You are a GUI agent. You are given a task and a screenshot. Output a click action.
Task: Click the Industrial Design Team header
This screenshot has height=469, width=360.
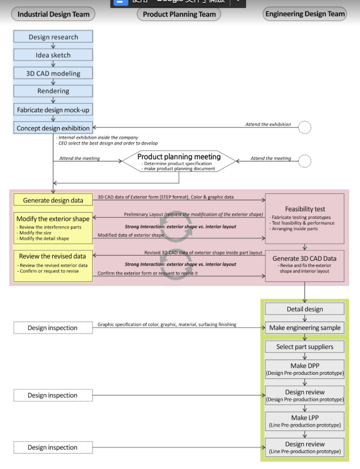[x=53, y=14]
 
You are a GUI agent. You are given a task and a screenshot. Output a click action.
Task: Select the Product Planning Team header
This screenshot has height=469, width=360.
[x=179, y=14]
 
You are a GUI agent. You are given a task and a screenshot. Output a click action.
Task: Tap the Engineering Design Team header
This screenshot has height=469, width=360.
[x=304, y=14]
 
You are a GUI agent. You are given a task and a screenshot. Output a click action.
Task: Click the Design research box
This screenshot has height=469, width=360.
[x=53, y=37]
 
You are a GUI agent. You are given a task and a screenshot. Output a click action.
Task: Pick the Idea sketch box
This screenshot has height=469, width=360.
[x=53, y=55]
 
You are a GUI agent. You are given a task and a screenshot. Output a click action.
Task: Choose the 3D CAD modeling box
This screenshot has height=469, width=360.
[x=53, y=73]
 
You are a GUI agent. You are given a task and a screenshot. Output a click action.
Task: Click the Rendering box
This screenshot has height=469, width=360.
[x=53, y=91]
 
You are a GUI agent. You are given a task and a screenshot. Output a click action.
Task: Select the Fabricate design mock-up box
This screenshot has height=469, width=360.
[x=53, y=109]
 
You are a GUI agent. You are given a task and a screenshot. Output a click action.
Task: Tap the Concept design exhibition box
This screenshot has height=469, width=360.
[x=53, y=128]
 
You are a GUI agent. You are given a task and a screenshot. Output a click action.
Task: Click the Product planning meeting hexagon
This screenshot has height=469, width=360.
[x=179, y=161]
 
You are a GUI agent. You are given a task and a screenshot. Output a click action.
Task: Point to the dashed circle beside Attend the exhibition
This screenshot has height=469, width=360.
[x=304, y=127]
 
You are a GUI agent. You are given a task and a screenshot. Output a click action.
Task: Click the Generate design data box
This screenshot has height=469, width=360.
[x=53, y=200]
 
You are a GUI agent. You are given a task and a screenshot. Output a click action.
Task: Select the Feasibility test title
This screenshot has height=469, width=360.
[x=305, y=209]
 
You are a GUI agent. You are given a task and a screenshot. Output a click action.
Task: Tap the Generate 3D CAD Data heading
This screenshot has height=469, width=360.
[x=305, y=258]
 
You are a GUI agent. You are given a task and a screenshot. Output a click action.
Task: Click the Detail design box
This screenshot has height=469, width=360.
[x=305, y=309]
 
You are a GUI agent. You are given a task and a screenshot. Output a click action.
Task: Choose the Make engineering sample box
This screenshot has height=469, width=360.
[x=305, y=328]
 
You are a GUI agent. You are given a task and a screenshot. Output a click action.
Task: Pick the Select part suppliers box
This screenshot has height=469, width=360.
[x=305, y=347]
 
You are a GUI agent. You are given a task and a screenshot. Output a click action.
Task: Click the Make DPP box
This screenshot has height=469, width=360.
[x=305, y=369]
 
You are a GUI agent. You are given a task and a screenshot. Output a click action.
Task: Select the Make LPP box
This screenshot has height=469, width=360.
[x=305, y=421]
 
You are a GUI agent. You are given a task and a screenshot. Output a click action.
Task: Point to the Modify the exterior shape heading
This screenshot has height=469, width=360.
[x=53, y=219]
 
